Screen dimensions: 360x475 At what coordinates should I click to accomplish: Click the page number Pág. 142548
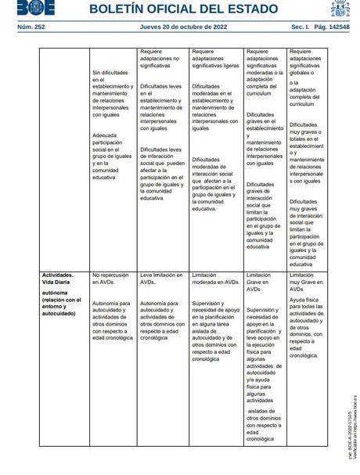click(x=328, y=27)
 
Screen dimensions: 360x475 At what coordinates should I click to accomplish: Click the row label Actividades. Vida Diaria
click(x=59, y=279)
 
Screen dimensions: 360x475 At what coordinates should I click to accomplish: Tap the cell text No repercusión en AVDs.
click(x=110, y=279)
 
